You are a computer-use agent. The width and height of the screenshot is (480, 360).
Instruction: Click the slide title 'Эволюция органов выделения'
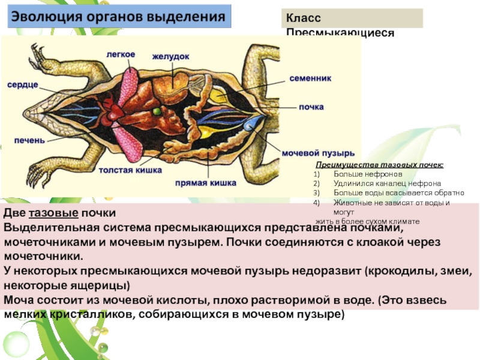pos(119,16)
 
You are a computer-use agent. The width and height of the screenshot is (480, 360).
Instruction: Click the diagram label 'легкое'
pos(121,54)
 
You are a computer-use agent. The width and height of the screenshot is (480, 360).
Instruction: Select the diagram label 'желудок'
pos(170,56)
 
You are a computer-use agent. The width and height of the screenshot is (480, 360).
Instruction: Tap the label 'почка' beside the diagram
pos(311,107)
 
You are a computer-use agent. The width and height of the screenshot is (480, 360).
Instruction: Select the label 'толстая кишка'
pos(130,170)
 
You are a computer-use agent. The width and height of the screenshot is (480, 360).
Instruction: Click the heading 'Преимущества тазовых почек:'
pos(380,165)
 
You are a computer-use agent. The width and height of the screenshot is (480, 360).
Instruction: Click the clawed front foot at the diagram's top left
pos(37,58)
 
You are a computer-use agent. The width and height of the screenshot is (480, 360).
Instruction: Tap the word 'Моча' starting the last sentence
pos(19,299)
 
